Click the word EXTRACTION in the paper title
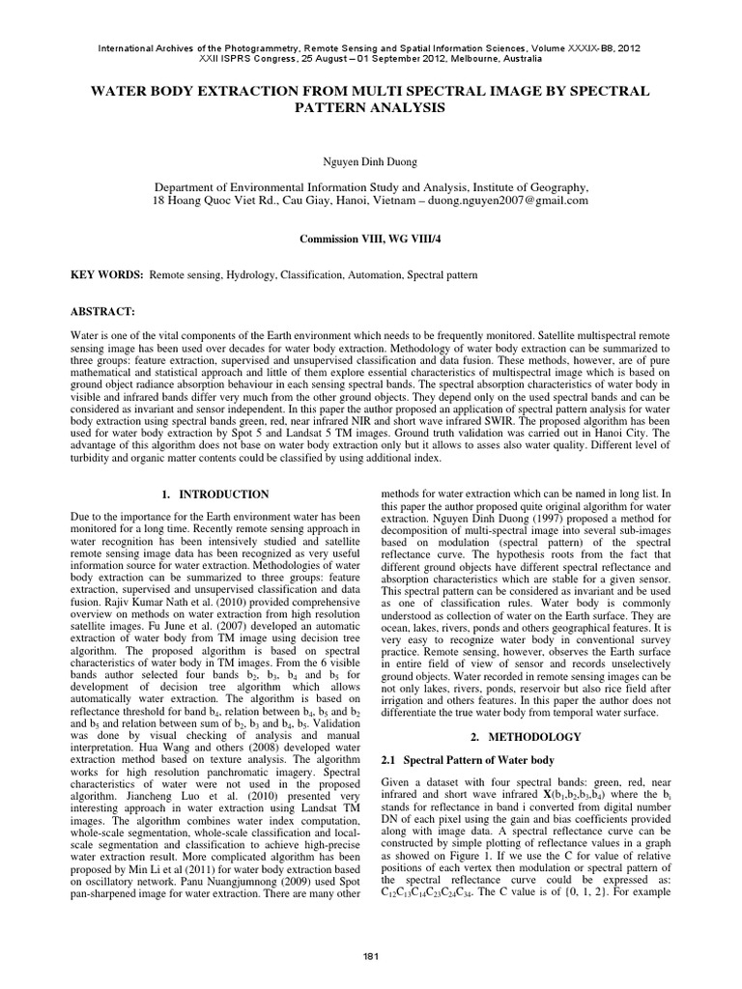tap(235, 90)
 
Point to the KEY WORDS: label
tap(106, 276)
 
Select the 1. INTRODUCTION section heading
tap(214, 494)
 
